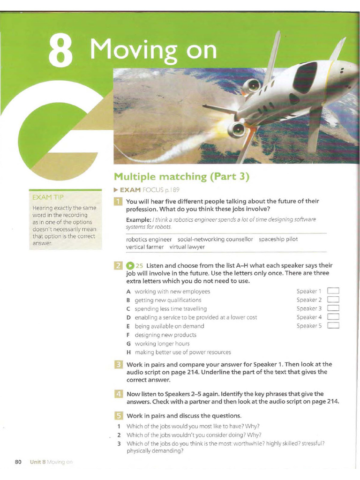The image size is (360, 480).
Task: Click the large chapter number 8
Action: coord(61,52)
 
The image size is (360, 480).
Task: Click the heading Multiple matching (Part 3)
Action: coord(181,177)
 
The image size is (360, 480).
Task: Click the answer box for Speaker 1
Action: coord(333,291)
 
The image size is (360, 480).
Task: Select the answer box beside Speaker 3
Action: coord(333,308)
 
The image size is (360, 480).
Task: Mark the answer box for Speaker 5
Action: coord(333,326)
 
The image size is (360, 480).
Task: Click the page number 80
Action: coord(18,462)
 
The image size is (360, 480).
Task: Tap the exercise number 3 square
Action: coord(119,364)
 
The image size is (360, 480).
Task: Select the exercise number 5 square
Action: coord(119,416)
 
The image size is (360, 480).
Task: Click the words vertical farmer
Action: coord(145,247)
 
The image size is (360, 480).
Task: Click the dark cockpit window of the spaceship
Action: coord(305,78)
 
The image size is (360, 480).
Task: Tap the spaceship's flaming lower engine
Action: coord(237,128)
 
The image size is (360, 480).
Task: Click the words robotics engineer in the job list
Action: coord(149,239)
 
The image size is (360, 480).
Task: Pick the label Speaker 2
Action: coord(309,300)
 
